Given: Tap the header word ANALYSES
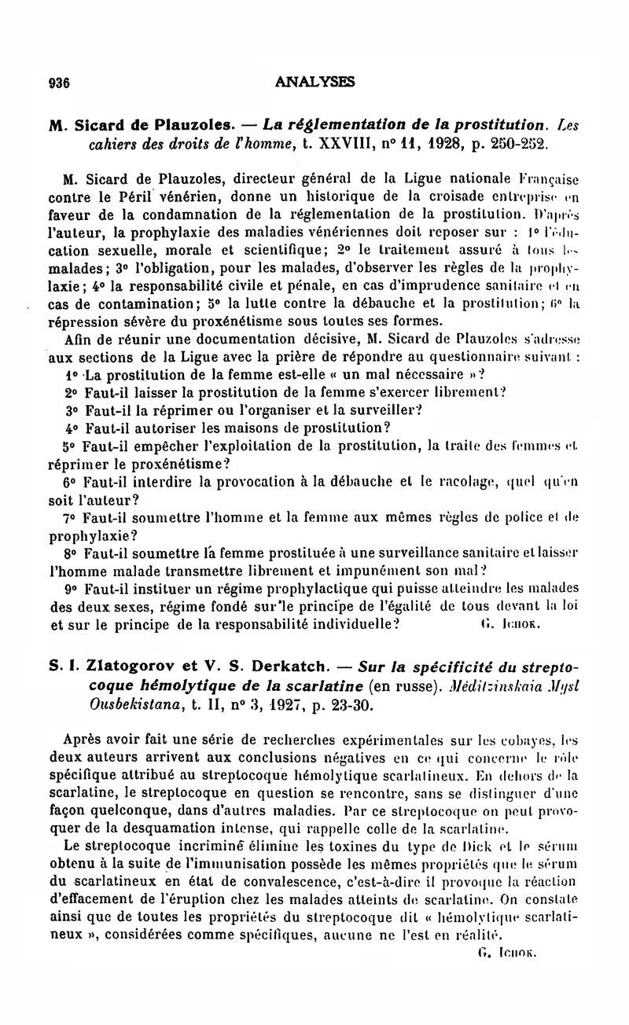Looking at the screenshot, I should [x=315, y=81].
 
